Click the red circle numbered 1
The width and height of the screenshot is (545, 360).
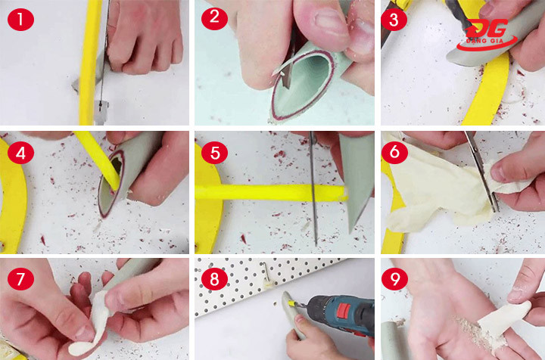click(x=20, y=19)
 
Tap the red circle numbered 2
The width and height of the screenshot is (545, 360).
click(x=214, y=17)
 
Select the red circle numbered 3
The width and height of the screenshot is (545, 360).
click(x=394, y=19)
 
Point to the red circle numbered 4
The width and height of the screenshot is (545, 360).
click(x=20, y=152)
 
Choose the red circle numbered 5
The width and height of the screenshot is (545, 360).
click(x=215, y=152)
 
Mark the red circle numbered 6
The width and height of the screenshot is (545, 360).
click(x=394, y=152)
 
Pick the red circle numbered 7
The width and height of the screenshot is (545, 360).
click(x=20, y=278)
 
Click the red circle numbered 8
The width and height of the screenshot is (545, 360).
click(x=214, y=278)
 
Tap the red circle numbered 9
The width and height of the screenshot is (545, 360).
click(x=394, y=278)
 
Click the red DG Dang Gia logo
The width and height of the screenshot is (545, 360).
click(x=486, y=35)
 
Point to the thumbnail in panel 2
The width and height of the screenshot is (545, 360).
click(x=329, y=21)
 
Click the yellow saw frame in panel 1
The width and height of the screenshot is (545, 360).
click(x=89, y=63)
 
